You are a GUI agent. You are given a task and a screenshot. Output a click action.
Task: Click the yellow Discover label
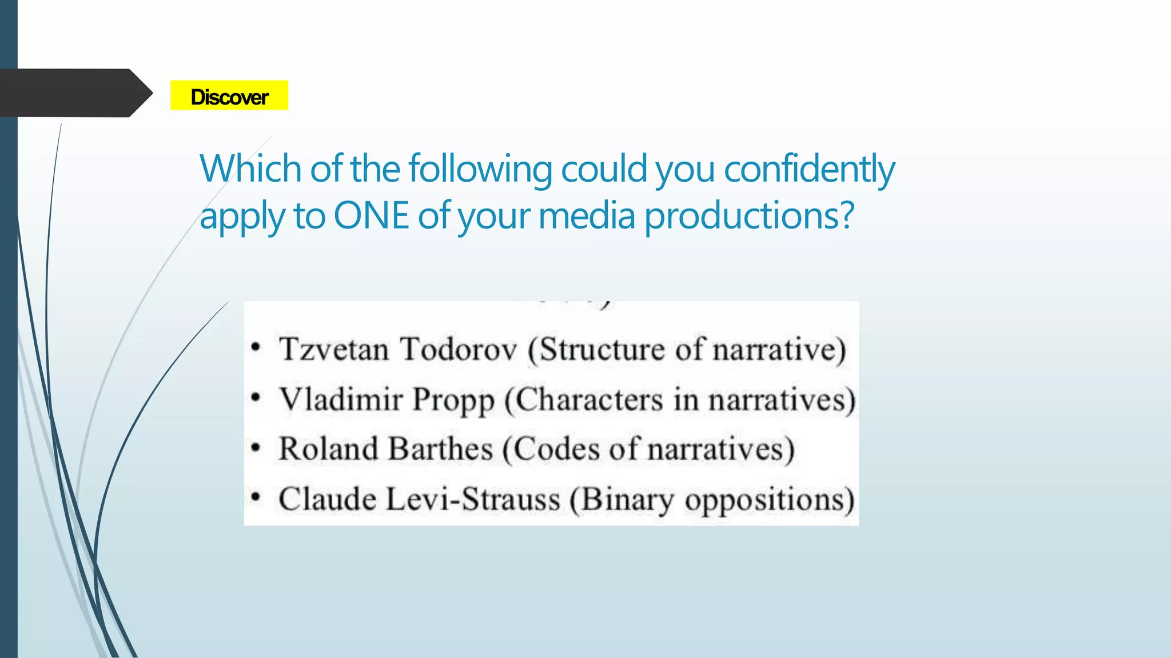pyautogui.click(x=229, y=95)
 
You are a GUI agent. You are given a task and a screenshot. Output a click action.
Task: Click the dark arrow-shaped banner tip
pyautogui.click(x=140, y=93)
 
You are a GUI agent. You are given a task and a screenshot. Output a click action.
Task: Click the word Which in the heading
pyautogui.click(x=250, y=169)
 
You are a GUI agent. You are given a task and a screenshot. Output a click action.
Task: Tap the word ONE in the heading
pyautogui.click(x=371, y=216)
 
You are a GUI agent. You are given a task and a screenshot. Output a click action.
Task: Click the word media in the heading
pyautogui.click(x=586, y=216)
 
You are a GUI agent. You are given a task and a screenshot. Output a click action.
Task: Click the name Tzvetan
pyautogui.click(x=334, y=349)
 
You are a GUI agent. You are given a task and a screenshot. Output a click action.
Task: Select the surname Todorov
pyautogui.click(x=457, y=349)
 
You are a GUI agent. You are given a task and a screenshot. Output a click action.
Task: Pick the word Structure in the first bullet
pyautogui.click(x=603, y=349)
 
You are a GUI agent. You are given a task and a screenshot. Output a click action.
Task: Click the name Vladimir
pyautogui.click(x=341, y=399)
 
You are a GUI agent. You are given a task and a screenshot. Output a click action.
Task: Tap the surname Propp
pyautogui.click(x=453, y=400)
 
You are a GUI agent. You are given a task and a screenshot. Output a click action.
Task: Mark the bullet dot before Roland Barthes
pyautogui.click(x=256, y=447)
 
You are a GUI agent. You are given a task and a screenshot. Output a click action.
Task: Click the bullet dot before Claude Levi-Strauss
pyautogui.click(x=256, y=497)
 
